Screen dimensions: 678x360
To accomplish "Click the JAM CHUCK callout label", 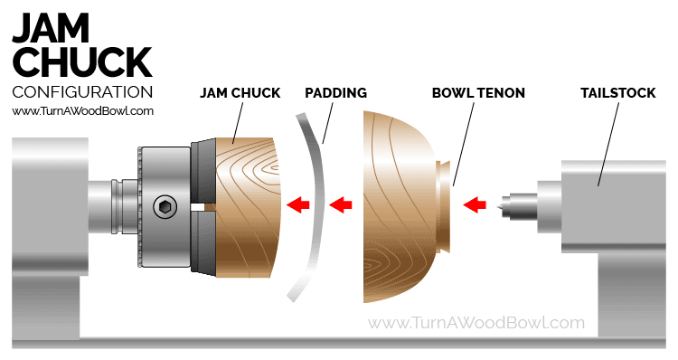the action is click(240, 93).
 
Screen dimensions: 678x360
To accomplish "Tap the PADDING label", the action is click(335, 93).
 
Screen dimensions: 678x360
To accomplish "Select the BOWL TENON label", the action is click(478, 93).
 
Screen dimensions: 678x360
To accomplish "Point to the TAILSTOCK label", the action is click(618, 93).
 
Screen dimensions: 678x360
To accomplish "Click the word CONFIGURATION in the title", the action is click(82, 92).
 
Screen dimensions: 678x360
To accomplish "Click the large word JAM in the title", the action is click(51, 28).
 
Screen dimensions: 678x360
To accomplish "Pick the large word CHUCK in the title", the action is click(82, 62).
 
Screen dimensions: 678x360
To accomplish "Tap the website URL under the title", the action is click(82, 111).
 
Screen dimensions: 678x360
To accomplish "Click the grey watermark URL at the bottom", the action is click(476, 323).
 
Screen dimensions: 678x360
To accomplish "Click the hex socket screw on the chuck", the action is click(165, 207).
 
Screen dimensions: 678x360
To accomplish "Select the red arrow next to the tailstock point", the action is click(475, 204).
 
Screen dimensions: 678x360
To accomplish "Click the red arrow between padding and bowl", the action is click(341, 204).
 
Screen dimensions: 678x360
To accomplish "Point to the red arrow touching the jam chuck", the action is click(298, 204).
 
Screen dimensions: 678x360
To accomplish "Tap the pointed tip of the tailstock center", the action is click(502, 204).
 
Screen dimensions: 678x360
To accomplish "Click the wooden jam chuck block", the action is click(247, 207).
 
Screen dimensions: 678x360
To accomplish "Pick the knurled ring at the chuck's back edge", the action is click(139, 207).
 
